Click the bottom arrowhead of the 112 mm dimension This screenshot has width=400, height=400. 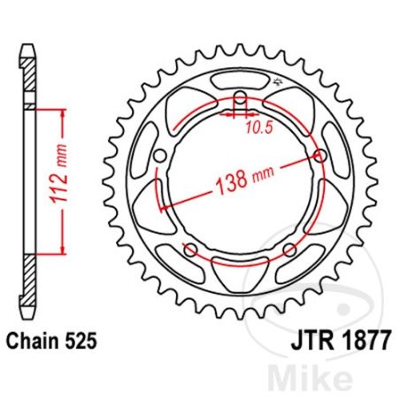62,250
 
